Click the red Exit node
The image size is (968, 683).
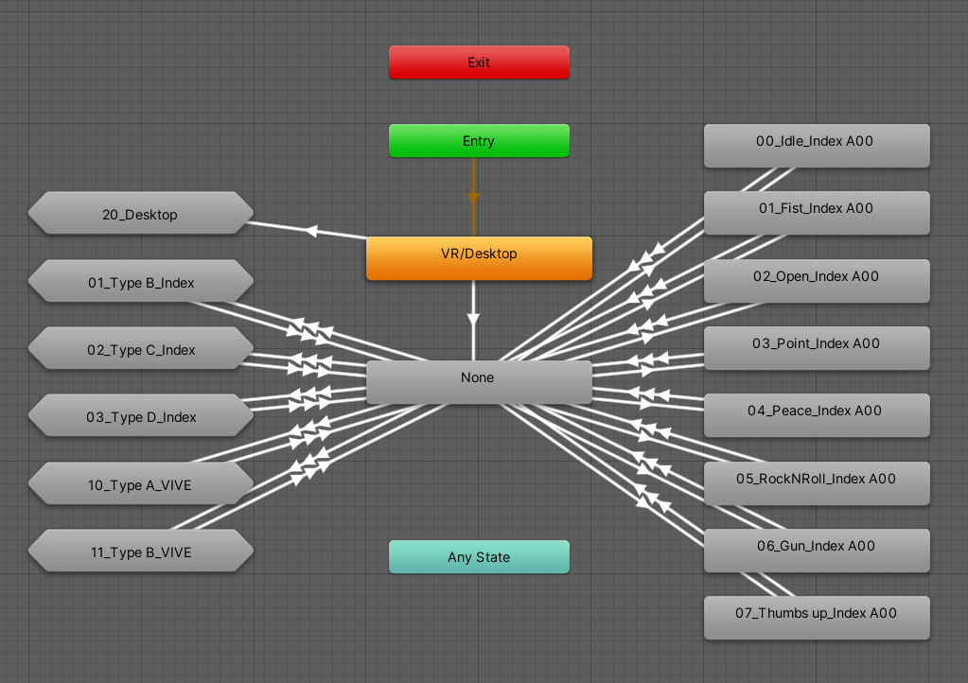[479, 62]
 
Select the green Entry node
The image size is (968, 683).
[479, 141]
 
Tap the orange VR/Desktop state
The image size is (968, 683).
[479, 258]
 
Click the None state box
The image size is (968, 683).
[479, 382]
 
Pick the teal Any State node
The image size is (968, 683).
[479, 557]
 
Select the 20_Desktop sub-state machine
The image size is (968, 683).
[141, 213]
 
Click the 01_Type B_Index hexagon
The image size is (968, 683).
[141, 281]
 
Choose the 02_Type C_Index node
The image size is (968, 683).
[141, 348]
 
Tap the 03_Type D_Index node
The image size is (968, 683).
[141, 415]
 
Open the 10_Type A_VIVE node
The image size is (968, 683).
[141, 483]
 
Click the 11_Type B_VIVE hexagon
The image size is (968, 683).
[141, 551]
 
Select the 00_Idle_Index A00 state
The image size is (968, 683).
[817, 146]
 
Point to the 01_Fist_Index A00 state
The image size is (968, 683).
[817, 213]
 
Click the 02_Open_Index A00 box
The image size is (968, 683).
[817, 281]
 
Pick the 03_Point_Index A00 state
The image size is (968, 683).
[817, 348]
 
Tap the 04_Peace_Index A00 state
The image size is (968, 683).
[817, 415]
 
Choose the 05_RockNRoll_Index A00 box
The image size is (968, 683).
[817, 483]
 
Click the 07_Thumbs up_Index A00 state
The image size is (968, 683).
[817, 618]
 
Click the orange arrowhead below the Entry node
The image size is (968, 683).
[473, 198]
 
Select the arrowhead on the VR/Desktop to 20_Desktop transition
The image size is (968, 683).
[311, 231]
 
